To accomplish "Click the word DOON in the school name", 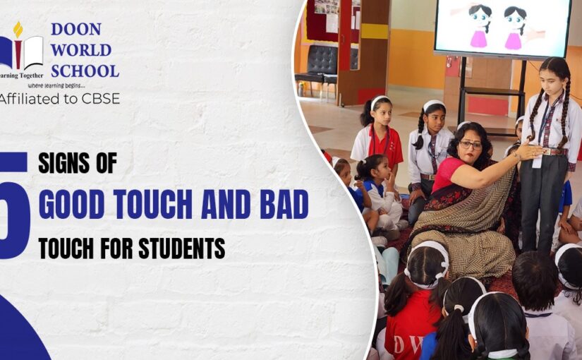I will coord(76,30).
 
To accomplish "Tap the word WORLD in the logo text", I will coord(80,50).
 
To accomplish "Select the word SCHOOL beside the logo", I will coord(85,71).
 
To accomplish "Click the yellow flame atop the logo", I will coord(18,29).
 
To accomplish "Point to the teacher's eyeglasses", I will coord(471,145).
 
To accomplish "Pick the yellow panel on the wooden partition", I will coord(374,31).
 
